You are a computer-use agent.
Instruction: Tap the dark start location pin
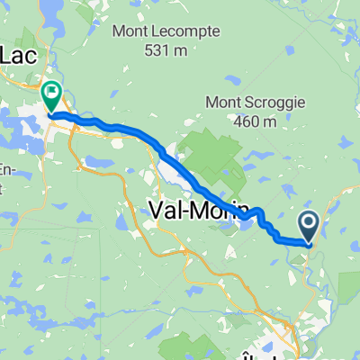(x=308, y=227)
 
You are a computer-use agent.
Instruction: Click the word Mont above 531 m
(x=130, y=31)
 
